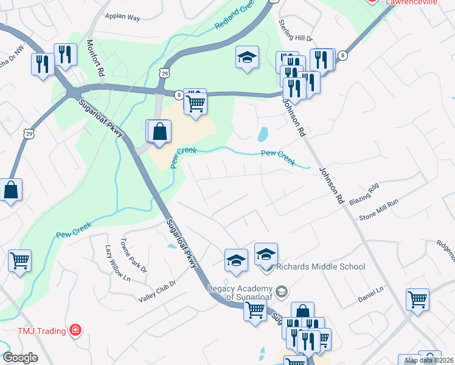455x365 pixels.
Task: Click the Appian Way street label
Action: [x=122, y=18]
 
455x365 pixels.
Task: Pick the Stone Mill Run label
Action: [x=378, y=209]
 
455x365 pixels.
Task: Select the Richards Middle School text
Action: [x=321, y=266]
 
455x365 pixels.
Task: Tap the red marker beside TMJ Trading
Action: [x=75, y=331]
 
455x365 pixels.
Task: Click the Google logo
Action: [x=20, y=358]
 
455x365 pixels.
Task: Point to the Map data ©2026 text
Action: [x=429, y=360]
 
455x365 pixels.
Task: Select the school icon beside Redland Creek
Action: [x=247, y=57]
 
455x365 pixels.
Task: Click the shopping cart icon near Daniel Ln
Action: [x=417, y=298]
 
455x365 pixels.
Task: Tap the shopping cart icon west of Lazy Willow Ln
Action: [x=19, y=260]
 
